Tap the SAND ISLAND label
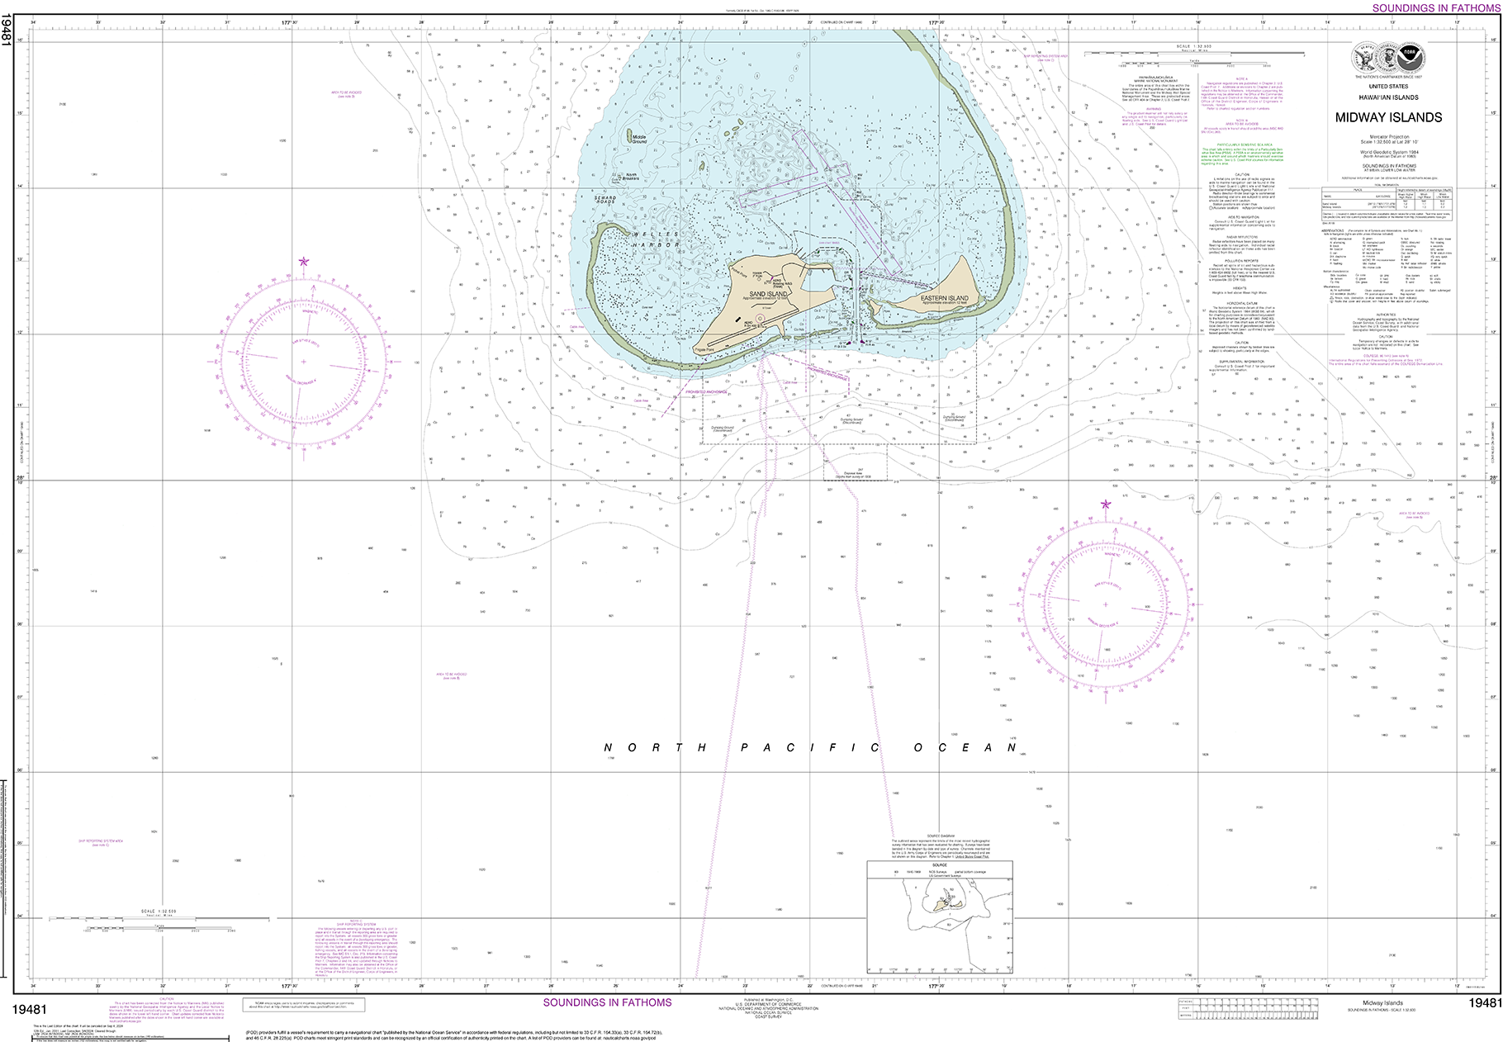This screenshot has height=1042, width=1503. tap(767, 294)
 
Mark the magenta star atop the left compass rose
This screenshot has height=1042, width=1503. tap(304, 262)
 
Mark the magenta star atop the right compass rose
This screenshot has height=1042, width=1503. tap(1106, 504)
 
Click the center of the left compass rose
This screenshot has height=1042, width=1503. tap(304, 362)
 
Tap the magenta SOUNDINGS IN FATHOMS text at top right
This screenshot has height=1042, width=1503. tap(1436, 7)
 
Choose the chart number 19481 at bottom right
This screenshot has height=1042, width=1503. tap(1484, 1003)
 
